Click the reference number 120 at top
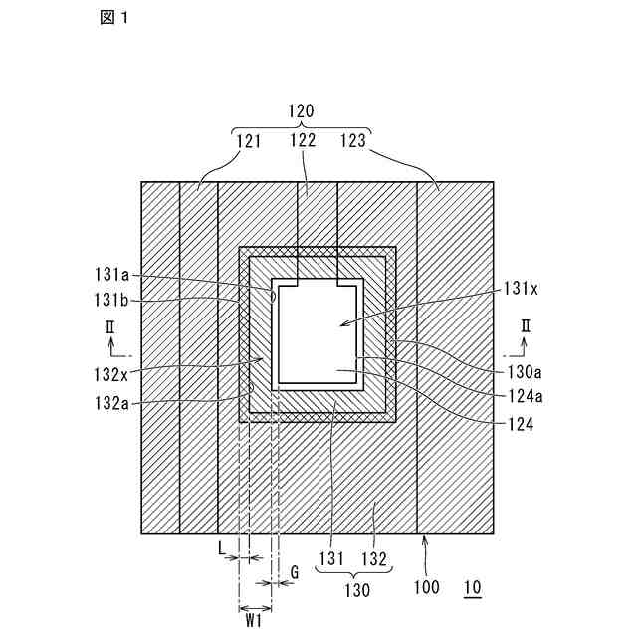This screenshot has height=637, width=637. (302, 113)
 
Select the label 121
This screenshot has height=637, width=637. (249, 141)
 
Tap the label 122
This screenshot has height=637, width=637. (303, 141)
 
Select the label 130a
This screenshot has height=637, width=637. (519, 369)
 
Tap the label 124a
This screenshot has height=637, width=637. (519, 396)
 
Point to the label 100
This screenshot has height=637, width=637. (427, 588)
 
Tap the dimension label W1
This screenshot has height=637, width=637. (254, 620)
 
